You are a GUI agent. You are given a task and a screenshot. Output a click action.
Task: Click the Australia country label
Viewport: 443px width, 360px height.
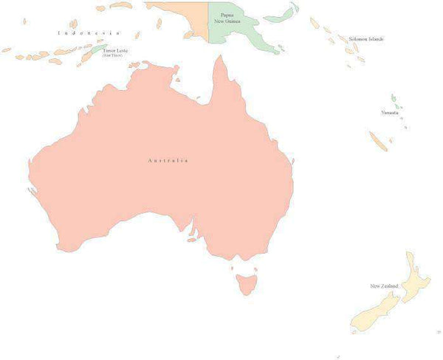pos(168,160)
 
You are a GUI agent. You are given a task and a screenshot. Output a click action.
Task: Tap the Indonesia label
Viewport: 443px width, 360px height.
pos(89,33)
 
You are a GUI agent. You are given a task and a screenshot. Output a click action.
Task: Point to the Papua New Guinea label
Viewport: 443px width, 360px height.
pos(227,18)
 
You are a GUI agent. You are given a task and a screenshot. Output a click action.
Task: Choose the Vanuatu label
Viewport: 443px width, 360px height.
pos(390,112)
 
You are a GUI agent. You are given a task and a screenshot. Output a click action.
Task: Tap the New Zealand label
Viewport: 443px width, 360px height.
pos(384,285)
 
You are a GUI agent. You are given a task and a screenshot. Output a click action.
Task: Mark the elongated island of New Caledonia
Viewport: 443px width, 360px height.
pos(379,141)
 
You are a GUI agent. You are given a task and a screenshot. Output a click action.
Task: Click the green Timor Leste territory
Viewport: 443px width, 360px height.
pos(97,49)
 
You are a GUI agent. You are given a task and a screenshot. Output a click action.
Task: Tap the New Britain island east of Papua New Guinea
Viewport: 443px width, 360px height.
pos(281,15)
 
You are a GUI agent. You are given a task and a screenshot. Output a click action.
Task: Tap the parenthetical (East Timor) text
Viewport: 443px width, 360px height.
pos(112,55)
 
